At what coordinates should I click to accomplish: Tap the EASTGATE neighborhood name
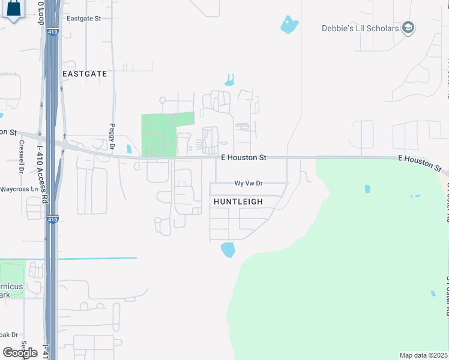tap(85, 74)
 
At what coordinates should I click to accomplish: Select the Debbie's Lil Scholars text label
tap(360, 28)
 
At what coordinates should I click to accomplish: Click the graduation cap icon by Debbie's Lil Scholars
tap(408, 28)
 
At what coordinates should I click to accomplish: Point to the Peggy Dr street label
tap(112, 137)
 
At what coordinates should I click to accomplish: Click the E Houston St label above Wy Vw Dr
tap(243, 158)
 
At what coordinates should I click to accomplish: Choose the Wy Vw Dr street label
tap(249, 184)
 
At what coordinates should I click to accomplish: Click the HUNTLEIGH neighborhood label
tap(238, 202)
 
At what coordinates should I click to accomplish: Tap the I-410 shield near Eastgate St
tap(53, 31)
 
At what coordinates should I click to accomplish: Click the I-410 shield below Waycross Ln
tap(53, 219)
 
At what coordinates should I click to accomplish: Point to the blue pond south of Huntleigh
tap(228, 250)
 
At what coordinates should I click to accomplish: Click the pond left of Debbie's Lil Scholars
tap(289, 25)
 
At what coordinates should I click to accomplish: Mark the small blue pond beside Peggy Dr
tap(129, 149)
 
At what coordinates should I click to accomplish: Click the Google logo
tap(20, 353)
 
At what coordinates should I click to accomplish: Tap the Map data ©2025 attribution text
tap(424, 355)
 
